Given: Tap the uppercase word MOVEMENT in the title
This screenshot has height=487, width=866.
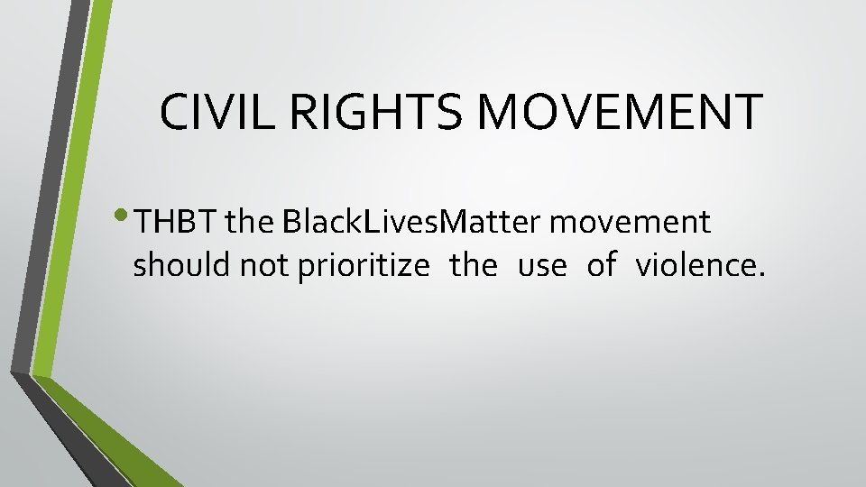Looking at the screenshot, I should (622, 111).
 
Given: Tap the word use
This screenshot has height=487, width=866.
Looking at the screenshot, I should (542, 266).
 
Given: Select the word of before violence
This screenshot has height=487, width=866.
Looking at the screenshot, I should (601, 266).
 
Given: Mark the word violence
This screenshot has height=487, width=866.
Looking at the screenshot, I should (695, 266).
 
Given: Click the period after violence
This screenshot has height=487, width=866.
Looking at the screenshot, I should (760, 274).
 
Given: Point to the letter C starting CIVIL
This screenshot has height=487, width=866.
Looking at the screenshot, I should (171, 111).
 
